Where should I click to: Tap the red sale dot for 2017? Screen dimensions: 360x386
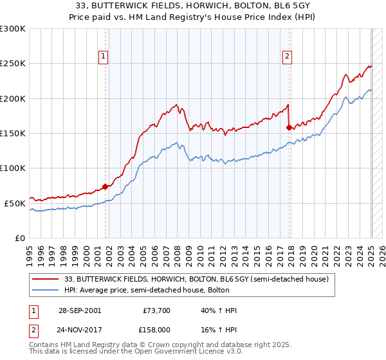click(289, 128)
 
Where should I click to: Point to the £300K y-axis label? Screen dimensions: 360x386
click(13, 29)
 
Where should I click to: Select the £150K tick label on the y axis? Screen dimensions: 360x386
click(13, 133)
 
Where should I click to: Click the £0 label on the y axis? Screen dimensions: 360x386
click(21, 238)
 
